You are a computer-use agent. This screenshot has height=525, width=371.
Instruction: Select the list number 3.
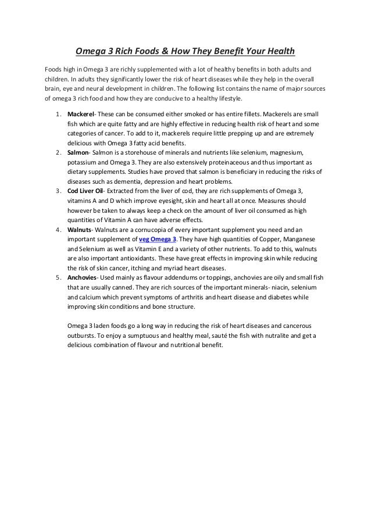pyautogui.click(x=58, y=191)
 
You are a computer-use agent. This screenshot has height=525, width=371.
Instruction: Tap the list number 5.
pyautogui.click(x=58, y=277)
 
